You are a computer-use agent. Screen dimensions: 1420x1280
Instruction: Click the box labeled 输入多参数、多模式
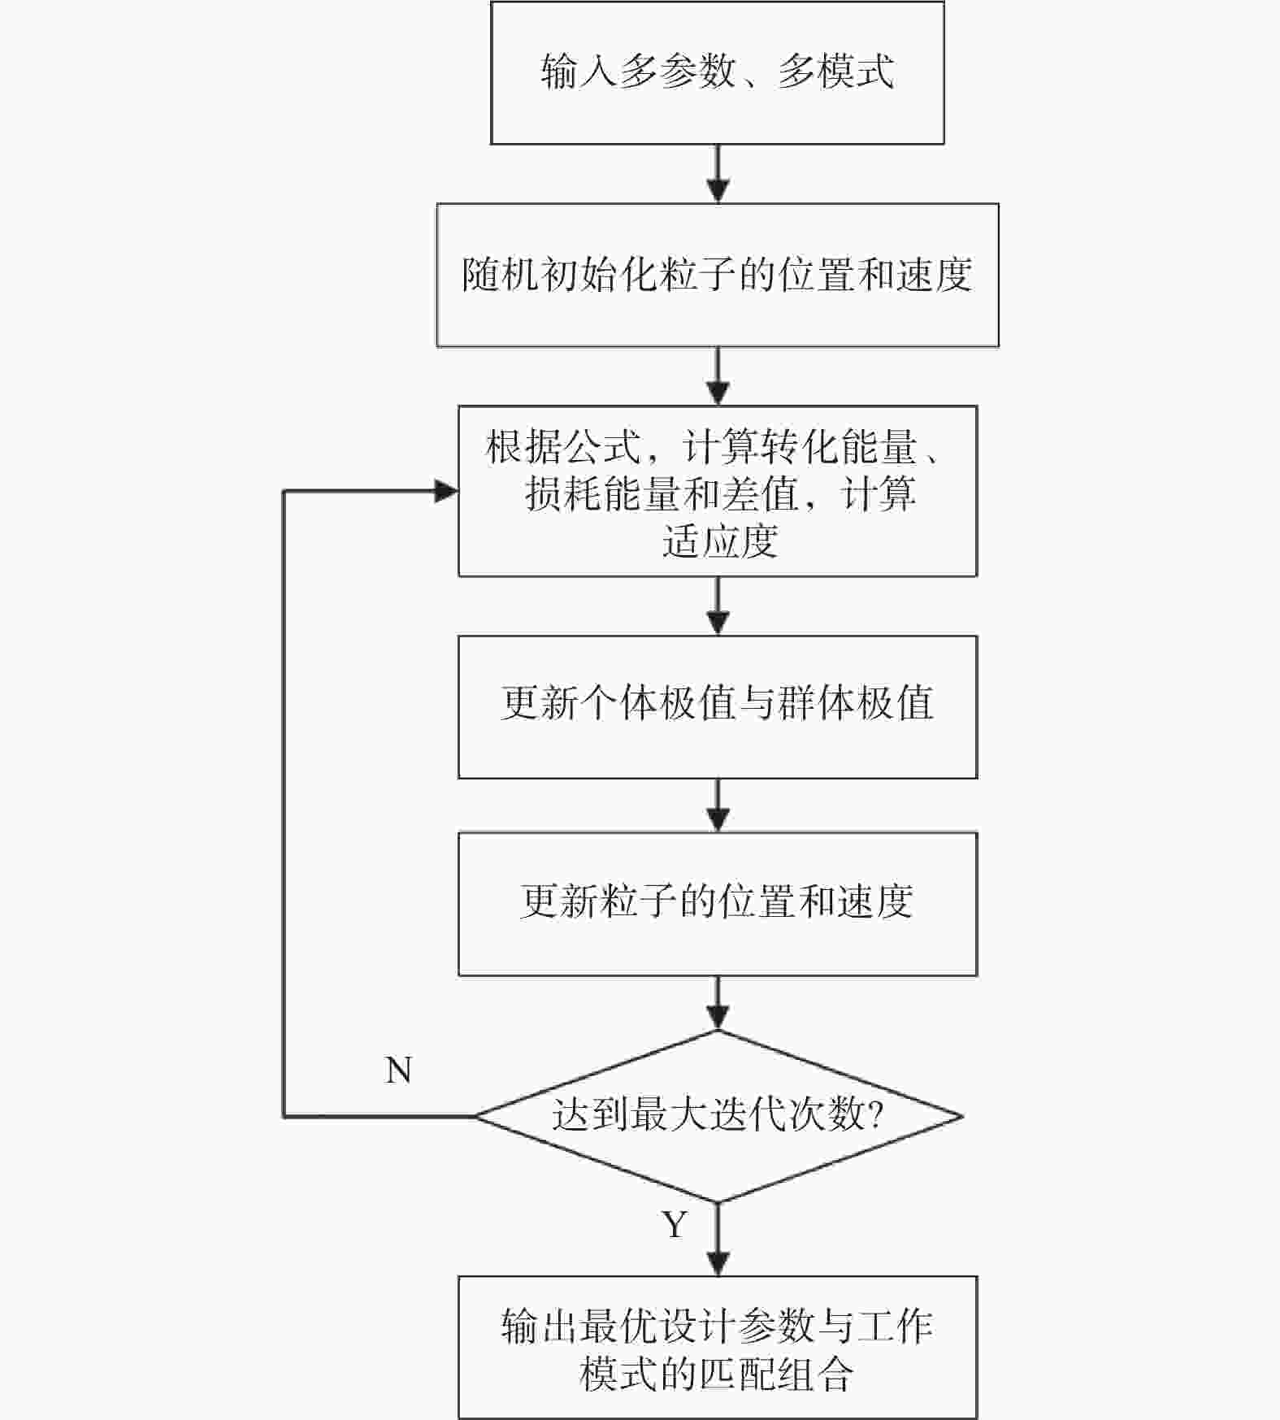coord(717,73)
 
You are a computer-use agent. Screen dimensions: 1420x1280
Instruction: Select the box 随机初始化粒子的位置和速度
coord(717,275)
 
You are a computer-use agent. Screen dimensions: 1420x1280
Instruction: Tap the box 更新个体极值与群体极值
coord(717,706)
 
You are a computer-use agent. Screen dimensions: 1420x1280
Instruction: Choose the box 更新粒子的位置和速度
coord(717,903)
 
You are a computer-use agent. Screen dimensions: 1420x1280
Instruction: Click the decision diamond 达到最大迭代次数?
coord(717,1115)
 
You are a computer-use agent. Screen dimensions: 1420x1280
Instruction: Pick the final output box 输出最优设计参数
coord(717,1347)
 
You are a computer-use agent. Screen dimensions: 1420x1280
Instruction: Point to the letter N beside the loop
coord(398,1070)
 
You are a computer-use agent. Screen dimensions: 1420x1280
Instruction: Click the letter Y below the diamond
coord(675,1224)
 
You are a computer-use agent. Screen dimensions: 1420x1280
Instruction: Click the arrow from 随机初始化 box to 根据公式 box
coord(718,376)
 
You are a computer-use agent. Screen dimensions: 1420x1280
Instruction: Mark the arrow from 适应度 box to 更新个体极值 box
coord(718,606)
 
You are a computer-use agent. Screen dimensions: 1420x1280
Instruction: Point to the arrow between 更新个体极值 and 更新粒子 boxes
coord(718,806)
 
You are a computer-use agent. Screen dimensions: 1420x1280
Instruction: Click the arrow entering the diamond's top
coord(718,1003)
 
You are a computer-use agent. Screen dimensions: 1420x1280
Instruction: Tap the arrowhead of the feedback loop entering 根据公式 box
coord(447,491)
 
